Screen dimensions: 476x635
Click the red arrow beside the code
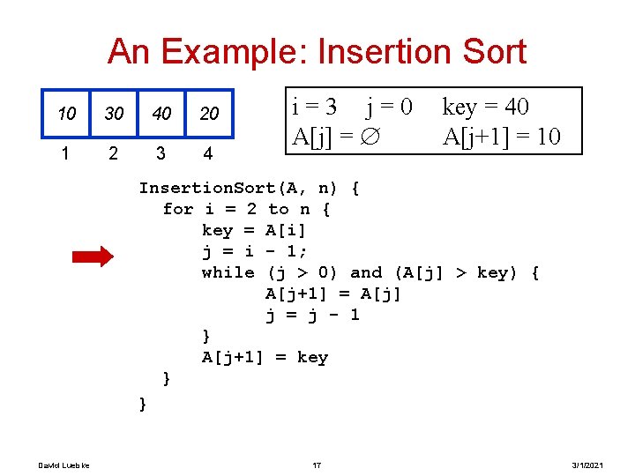[93, 257]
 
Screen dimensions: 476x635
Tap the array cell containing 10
[67, 114]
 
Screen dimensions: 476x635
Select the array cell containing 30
[114, 114]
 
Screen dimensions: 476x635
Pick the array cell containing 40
[161, 114]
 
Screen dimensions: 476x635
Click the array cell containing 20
[209, 114]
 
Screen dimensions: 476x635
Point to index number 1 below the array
[66, 153]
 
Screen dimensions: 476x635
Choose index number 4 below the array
[208, 153]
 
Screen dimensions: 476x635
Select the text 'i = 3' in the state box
[314, 108]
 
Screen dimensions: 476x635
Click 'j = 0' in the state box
[390, 108]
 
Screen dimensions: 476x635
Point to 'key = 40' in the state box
[485, 108]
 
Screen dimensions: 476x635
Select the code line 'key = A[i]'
[254, 230]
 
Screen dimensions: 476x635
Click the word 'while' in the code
[228, 272]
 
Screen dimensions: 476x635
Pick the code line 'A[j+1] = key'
[265, 357]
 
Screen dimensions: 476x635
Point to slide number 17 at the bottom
[317, 465]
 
